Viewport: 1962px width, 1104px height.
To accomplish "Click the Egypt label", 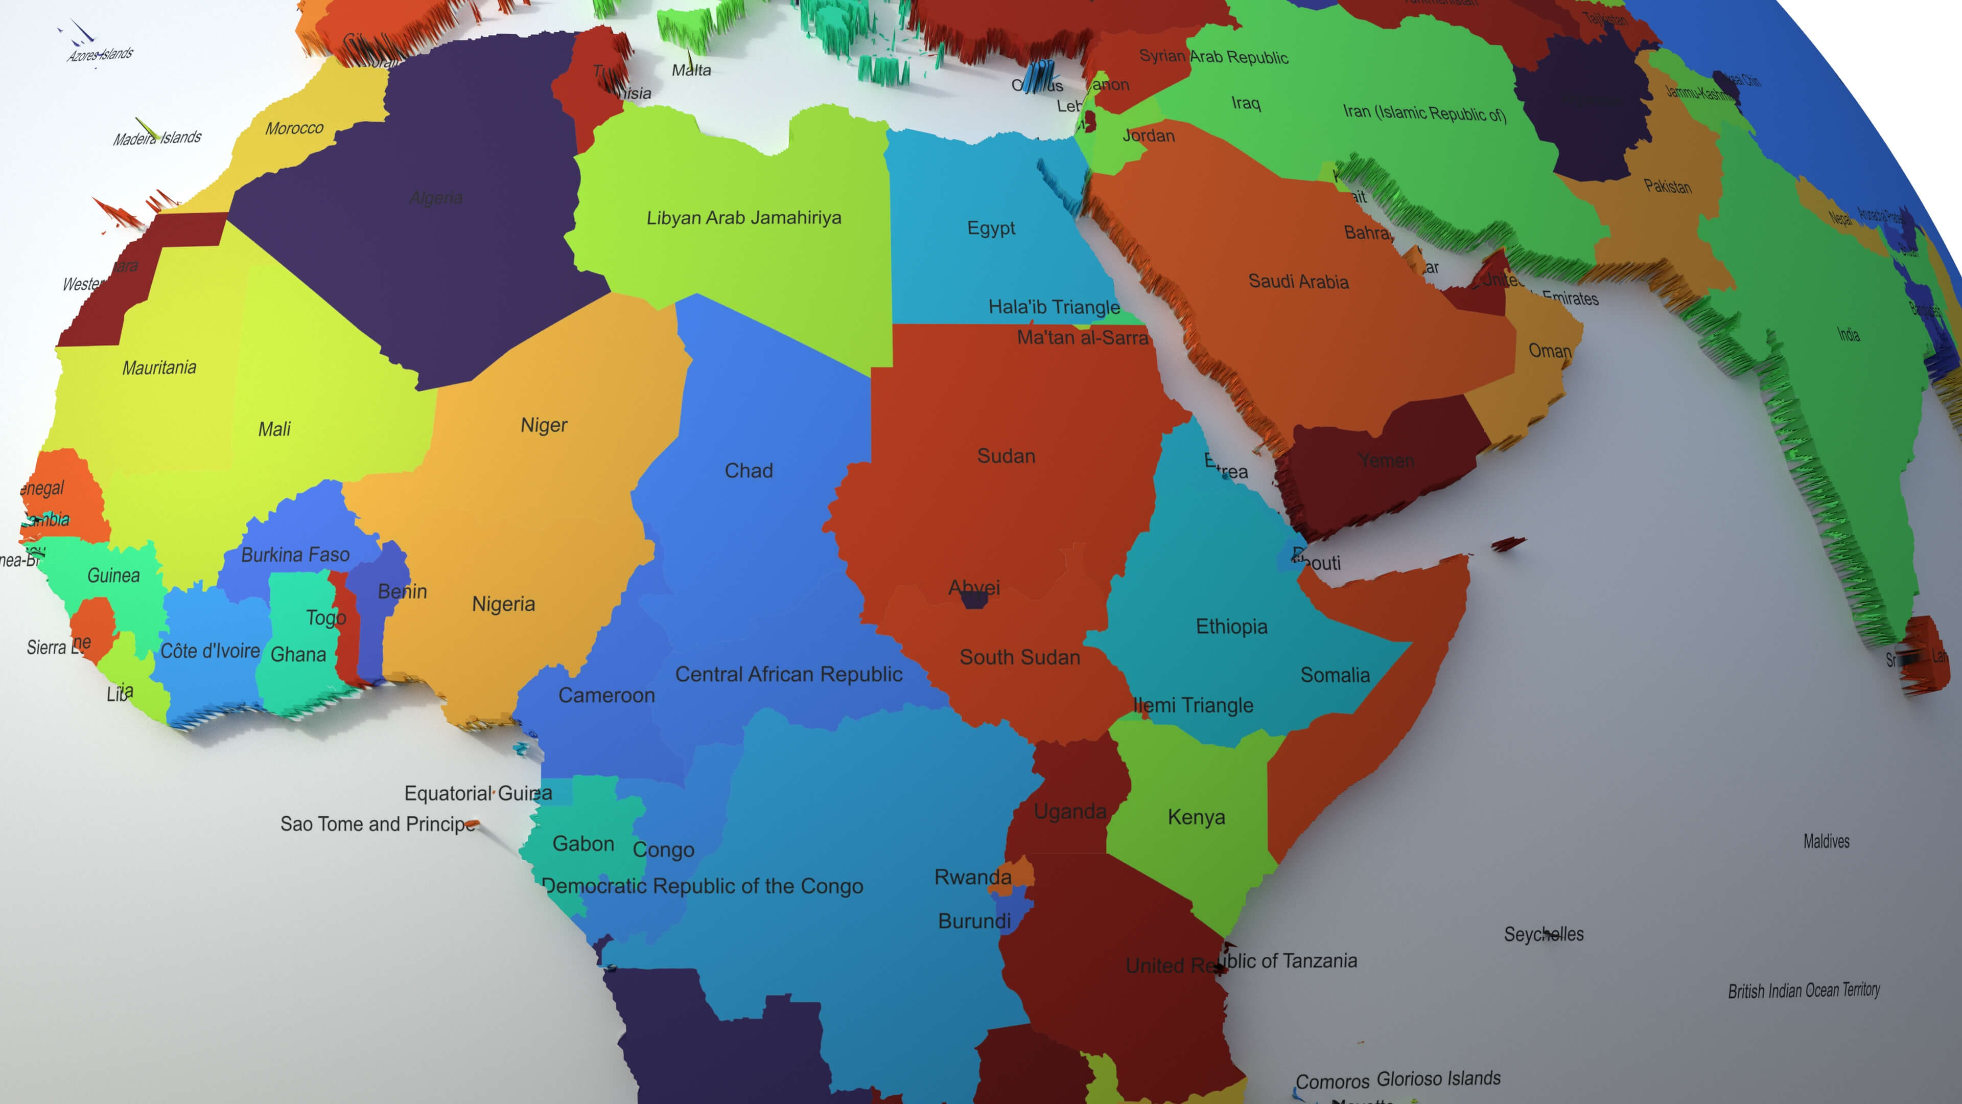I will click(991, 228).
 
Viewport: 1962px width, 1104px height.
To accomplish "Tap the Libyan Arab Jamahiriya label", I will click(743, 218).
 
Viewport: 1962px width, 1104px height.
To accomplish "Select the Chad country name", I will click(749, 471).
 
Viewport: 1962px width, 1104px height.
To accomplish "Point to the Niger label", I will click(544, 425).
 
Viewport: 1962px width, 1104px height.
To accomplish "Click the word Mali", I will click(274, 429).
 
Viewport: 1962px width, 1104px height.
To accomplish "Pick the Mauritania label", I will click(159, 368).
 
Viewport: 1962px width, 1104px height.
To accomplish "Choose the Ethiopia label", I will click(1231, 627).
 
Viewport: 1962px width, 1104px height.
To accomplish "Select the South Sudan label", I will click(1019, 657).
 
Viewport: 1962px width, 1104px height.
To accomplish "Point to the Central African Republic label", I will click(788, 674).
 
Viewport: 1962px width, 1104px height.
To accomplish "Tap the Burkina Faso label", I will click(295, 555).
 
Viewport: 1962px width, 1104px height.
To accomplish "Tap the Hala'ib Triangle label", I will click(1054, 307).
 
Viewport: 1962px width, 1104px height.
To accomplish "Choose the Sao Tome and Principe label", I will click(378, 824).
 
